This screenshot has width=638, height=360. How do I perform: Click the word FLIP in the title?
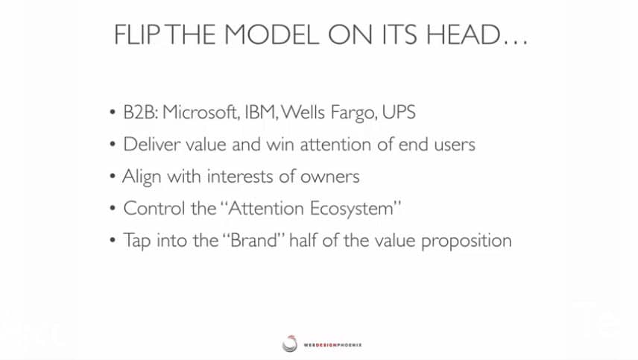(x=136, y=34)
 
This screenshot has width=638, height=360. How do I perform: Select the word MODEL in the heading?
(x=271, y=34)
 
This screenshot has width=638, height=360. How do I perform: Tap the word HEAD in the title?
(x=463, y=34)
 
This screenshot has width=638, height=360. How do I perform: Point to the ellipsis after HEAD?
(x=515, y=42)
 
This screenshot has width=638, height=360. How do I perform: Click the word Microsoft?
(x=200, y=113)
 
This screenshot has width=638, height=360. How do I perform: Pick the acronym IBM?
(x=260, y=113)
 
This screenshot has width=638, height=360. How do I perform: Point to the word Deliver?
(x=152, y=145)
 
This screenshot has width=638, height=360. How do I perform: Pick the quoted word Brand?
(x=253, y=240)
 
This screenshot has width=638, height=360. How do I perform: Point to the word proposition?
(x=467, y=241)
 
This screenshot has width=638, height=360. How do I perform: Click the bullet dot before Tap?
(x=113, y=241)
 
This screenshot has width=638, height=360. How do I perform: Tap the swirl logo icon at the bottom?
(x=290, y=344)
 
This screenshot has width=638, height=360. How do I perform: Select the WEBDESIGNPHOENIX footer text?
(x=333, y=345)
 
